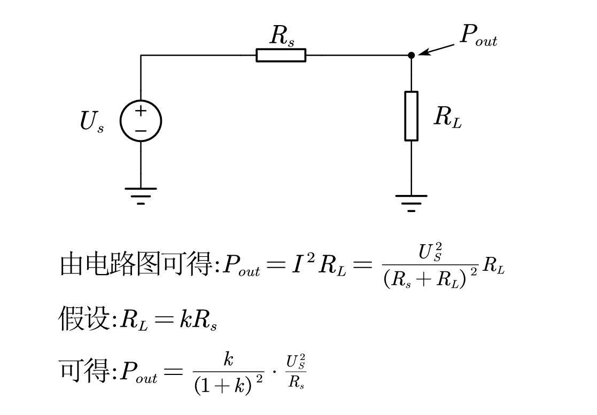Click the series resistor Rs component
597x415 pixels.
coord(281,55)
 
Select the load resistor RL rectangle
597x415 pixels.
coord(411,116)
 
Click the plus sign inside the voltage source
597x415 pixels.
coord(141,111)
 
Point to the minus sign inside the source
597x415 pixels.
coord(141,131)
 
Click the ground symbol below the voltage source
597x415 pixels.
coord(141,196)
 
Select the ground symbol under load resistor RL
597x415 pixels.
coord(411,203)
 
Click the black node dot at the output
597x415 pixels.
coord(411,55)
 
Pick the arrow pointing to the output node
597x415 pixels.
coord(436,50)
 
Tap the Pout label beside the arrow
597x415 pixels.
coord(478,35)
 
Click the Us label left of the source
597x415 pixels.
coord(91,122)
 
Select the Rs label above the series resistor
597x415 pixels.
coord(282,36)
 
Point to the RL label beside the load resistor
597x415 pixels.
coord(448,117)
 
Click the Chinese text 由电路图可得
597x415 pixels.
coord(136,264)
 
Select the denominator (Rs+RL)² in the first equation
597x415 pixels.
coord(431,278)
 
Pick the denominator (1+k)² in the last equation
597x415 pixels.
coord(228,385)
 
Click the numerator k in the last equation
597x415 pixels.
coord(228,359)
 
